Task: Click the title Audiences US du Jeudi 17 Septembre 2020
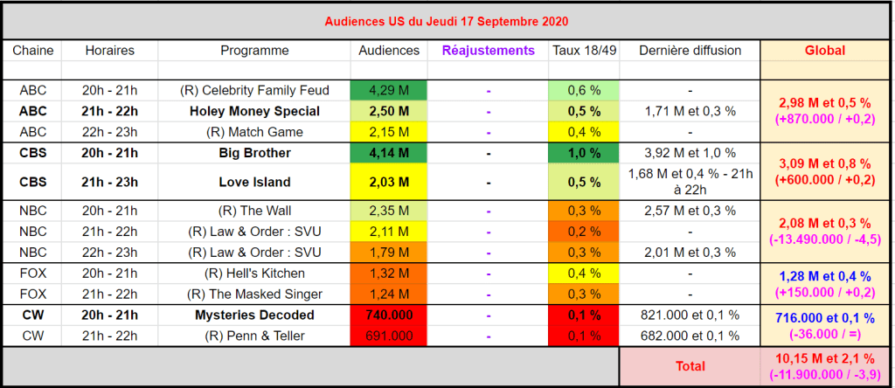[447, 20]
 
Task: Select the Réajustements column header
[488, 51]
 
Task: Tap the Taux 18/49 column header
[585, 51]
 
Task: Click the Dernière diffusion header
[690, 51]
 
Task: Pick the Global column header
[824, 51]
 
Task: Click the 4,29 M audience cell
[389, 90]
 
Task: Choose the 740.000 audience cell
[389, 315]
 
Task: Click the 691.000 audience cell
[389, 336]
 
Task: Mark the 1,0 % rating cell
[585, 153]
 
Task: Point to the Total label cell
[690, 366]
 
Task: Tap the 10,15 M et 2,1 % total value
[824, 359]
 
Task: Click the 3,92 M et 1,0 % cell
[690, 153]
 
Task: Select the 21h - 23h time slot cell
[109, 182]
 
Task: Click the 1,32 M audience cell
[389, 273]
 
